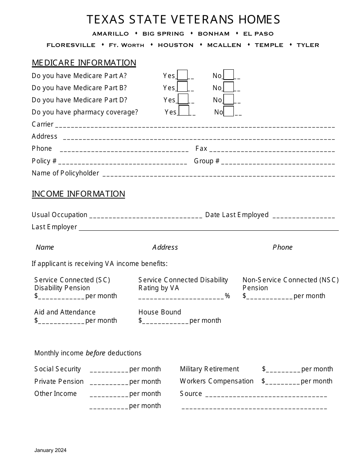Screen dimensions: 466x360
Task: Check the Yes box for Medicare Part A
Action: (x=183, y=75)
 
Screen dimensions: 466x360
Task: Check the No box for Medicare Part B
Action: (x=229, y=87)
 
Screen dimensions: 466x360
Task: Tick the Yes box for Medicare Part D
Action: (x=183, y=99)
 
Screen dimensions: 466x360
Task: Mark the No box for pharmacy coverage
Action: (x=229, y=111)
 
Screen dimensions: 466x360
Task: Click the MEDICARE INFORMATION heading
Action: (x=84, y=63)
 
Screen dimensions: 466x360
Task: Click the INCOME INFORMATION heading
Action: (x=78, y=194)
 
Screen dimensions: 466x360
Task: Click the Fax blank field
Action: (x=272, y=151)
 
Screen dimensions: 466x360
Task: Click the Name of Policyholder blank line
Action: (x=219, y=175)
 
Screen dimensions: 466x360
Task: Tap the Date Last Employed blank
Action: (x=304, y=217)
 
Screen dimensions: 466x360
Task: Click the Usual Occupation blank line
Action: (x=146, y=217)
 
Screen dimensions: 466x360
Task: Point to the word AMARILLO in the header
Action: (x=111, y=34)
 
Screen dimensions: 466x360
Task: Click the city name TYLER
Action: (x=308, y=45)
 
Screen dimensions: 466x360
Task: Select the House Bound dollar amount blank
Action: (x=166, y=322)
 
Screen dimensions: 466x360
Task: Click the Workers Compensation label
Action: (x=217, y=381)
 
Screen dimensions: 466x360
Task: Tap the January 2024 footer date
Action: (x=50, y=450)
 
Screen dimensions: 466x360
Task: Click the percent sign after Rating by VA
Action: (x=227, y=296)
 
